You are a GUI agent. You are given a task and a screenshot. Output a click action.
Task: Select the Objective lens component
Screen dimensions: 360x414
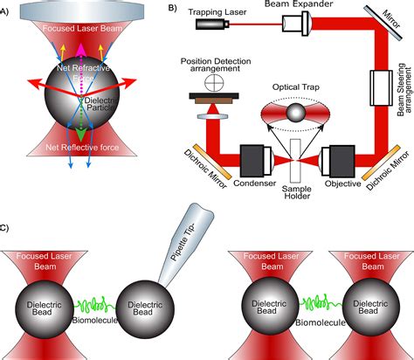(336, 162)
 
